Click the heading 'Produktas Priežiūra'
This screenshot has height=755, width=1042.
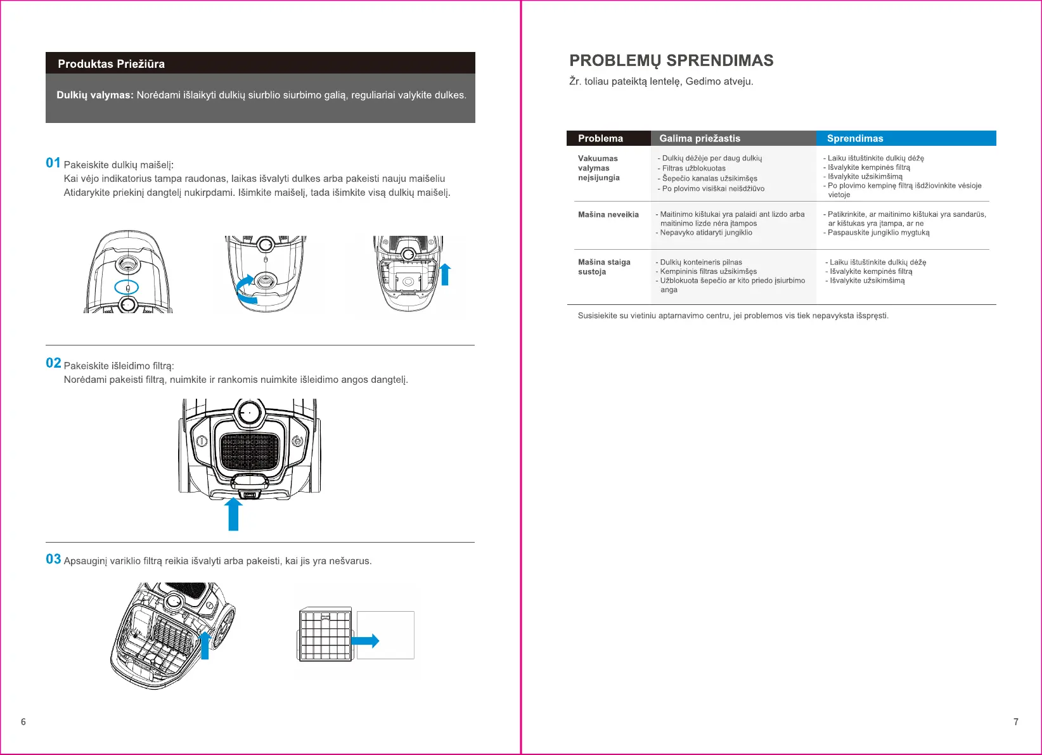pos(111,64)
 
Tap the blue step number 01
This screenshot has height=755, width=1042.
pos(53,163)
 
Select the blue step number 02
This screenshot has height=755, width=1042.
pos(53,363)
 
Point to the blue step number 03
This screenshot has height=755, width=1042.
pos(53,559)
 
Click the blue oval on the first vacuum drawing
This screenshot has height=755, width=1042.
pos(127,287)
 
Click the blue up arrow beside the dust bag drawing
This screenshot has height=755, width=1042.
pos(445,274)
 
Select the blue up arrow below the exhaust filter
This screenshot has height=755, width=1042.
pos(233,513)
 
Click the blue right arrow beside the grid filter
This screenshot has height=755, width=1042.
pos(366,641)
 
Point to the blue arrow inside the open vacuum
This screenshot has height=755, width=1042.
pos(205,645)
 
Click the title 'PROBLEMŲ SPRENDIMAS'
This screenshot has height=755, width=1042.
pos(671,61)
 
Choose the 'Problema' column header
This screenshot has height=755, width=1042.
pos(600,138)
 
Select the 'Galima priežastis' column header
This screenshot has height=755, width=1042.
pos(700,138)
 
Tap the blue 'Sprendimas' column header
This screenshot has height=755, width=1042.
pos(855,138)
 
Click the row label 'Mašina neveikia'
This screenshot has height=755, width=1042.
pos(608,215)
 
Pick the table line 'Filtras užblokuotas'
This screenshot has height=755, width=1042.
pos(693,169)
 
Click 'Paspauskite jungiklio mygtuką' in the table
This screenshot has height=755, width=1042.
pos(878,233)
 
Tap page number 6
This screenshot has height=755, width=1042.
pos(23,722)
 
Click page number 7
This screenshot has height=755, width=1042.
pos(1016,722)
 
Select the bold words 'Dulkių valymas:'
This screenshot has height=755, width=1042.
pos(95,95)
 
